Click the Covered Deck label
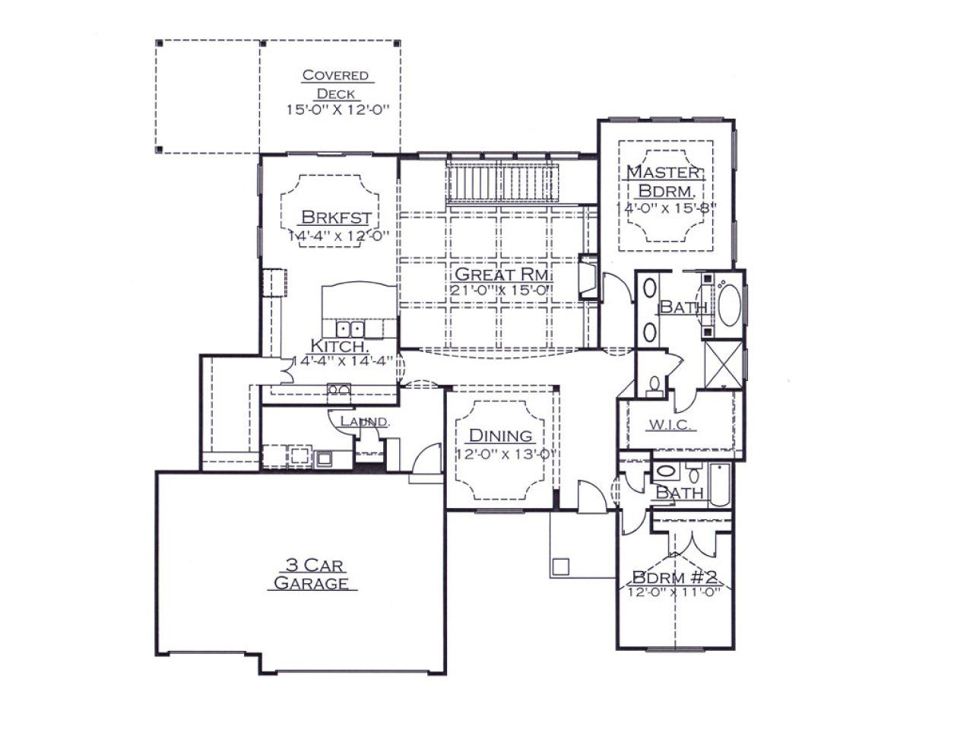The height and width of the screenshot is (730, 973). (x=335, y=84)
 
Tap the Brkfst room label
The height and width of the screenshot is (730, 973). (x=336, y=217)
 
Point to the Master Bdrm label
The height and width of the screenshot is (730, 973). (x=664, y=181)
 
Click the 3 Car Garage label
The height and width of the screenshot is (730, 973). (x=312, y=574)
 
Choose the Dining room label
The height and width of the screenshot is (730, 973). (x=500, y=436)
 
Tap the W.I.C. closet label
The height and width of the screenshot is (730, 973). (x=670, y=425)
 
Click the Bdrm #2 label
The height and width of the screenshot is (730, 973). (x=674, y=578)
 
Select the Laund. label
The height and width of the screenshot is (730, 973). (x=365, y=421)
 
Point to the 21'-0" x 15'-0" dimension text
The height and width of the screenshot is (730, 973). (x=502, y=290)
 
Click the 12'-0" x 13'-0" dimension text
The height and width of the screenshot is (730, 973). (x=506, y=454)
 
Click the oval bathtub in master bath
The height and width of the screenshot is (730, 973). (x=729, y=306)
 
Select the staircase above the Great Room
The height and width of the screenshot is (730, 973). (x=502, y=181)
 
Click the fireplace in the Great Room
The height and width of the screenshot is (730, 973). (x=589, y=276)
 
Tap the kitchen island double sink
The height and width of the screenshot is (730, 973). (x=350, y=329)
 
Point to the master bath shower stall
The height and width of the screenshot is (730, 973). (x=723, y=365)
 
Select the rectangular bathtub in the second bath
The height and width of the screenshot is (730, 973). (x=720, y=484)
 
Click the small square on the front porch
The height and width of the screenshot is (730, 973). (x=560, y=567)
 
